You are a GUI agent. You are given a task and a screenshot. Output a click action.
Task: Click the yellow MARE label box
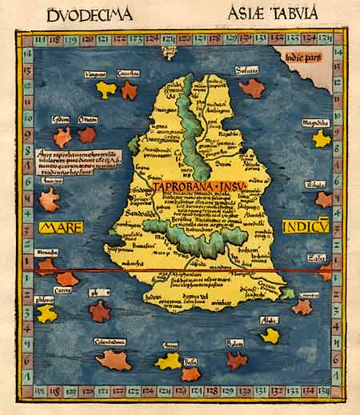tap(57, 228)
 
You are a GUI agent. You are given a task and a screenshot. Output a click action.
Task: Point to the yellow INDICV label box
tap(306, 228)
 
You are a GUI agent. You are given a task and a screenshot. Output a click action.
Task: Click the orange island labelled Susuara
tap(251, 87)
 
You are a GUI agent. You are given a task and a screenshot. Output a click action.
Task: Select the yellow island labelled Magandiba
tap(321, 138)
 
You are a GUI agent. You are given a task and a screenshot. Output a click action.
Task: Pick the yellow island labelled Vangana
tap(106, 90)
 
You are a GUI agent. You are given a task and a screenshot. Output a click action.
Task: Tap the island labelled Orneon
tap(87, 134)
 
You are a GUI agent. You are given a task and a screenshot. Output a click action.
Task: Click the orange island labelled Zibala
tap(322, 199)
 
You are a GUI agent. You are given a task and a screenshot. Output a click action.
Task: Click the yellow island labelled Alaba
tap(270, 335)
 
